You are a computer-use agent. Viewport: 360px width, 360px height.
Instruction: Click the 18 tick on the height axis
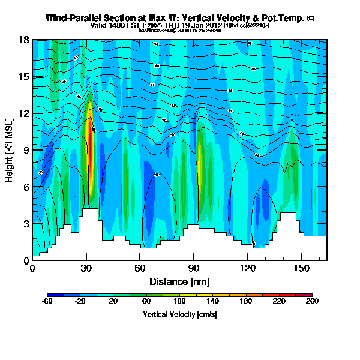click(x=24, y=40)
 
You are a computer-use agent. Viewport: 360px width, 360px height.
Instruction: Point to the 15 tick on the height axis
click(x=24, y=77)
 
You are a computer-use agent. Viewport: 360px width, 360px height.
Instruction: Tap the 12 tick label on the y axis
click(x=24, y=113)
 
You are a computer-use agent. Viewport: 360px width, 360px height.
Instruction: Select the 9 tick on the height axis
click(x=25, y=150)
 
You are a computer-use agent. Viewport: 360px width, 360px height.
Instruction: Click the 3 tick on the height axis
click(x=25, y=224)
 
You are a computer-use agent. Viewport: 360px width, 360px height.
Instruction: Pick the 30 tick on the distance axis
click(x=86, y=268)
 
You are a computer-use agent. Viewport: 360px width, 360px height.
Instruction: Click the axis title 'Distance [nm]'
click(x=179, y=281)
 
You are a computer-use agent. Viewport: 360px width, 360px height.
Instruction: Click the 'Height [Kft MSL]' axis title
click(x=10, y=149)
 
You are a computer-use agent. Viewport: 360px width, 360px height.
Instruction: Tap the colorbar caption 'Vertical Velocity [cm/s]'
click(x=179, y=314)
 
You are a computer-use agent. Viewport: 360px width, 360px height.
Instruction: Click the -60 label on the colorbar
click(x=47, y=302)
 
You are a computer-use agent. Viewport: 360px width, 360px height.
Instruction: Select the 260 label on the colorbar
click(x=312, y=302)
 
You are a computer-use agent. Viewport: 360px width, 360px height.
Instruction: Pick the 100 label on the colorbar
click(x=179, y=302)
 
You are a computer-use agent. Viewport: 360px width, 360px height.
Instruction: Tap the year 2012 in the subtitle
click(x=215, y=26)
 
